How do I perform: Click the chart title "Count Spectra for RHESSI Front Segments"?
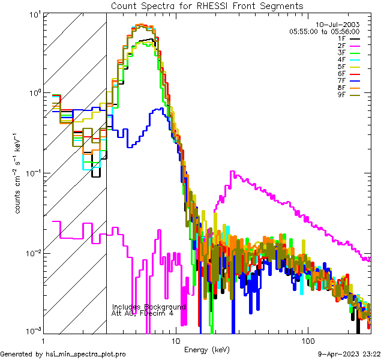207,5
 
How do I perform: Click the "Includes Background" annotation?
149,307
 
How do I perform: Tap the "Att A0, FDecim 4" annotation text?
143,313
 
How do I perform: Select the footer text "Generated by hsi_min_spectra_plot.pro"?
64,354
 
